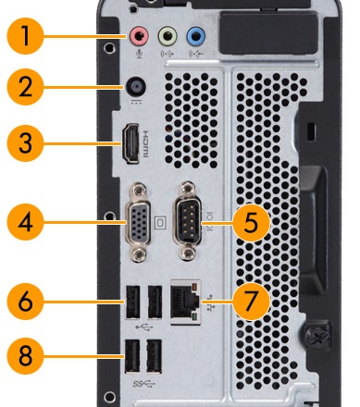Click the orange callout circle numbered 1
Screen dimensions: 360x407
(25, 36)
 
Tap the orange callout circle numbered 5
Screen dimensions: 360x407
(251, 223)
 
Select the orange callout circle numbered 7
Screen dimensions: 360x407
(251, 301)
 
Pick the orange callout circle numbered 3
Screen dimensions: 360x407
(25, 143)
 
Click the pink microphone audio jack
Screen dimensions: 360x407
(139, 36)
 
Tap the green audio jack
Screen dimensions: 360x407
(168, 36)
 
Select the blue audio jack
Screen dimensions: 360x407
(196, 36)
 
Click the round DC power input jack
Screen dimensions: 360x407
(136, 87)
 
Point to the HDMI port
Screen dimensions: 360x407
(130, 143)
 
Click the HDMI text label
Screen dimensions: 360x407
(145, 143)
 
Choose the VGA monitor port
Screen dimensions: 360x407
(138, 223)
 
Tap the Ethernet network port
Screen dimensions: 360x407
(185, 302)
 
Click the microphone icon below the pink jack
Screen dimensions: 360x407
(139, 55)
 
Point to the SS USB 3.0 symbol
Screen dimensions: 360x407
(144, 384)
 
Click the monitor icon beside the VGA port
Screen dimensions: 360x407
(160, 223)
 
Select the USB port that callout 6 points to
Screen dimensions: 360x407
(132, 302)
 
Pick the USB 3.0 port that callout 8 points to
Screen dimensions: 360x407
(132, 356)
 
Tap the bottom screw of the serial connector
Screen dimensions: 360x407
(188, 254)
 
